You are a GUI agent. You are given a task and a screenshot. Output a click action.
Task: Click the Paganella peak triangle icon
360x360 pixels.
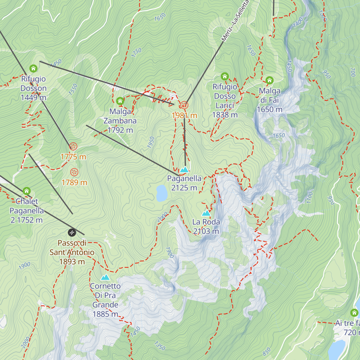184,169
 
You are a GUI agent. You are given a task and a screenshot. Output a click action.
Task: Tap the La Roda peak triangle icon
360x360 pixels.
206,213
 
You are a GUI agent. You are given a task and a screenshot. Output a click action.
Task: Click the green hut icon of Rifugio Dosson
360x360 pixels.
33,68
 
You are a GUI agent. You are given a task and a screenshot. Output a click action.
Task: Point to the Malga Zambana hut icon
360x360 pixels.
120,101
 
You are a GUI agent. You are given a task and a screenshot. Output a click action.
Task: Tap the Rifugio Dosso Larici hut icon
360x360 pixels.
225,76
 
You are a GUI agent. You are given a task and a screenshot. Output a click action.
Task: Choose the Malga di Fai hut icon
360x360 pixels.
269,80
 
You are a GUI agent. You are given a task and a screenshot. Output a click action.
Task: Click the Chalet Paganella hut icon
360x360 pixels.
27,191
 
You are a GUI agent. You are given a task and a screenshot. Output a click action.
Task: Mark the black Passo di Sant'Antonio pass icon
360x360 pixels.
72,232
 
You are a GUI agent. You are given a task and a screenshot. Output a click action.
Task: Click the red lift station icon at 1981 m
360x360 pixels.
184,105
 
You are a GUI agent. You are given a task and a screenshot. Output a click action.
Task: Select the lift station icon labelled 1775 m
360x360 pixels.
73,146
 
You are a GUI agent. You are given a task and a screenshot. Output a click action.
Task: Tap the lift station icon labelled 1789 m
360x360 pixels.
74,172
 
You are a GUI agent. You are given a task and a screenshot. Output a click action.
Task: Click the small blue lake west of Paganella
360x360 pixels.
162,193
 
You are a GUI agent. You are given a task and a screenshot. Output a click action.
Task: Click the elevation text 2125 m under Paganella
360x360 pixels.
184,188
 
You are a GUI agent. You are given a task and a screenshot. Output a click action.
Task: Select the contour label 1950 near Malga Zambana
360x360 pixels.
151,142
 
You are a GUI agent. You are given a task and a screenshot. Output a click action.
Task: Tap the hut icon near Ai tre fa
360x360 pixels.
354,313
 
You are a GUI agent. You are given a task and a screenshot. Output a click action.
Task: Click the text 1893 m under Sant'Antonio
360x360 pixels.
72,262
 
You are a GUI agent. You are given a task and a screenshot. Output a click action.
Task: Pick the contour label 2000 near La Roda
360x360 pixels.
162,217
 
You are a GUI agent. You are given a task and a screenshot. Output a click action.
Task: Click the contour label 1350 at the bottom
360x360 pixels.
160,346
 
